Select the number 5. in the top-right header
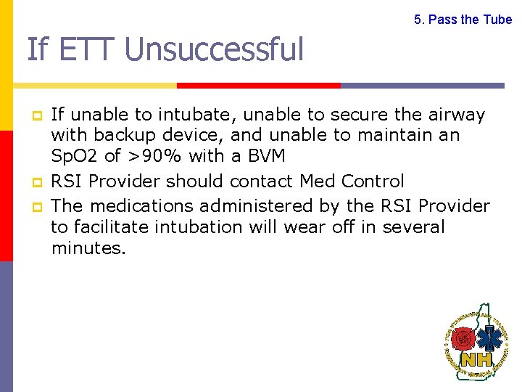pyautogui.click(x=419, y=20)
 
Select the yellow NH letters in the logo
pyautogui.click(x=476, y=359)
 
